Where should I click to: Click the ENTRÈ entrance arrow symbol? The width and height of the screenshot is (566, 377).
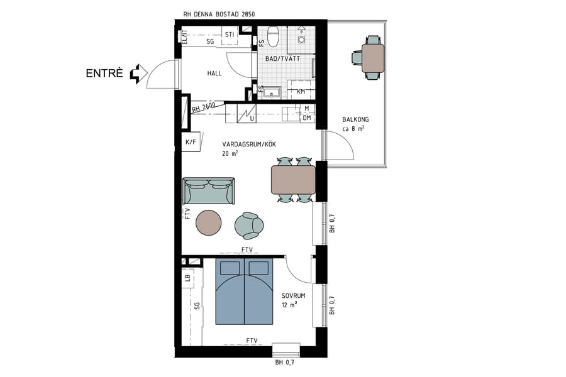click(135, 74)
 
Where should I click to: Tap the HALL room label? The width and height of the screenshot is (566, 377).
click(214, 74)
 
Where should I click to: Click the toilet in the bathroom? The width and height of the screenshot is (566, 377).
click(273, 37)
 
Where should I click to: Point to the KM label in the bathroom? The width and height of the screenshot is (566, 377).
click(301, 92)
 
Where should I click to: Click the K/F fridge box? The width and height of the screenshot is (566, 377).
click(191, 142)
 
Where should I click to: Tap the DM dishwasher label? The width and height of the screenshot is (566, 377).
click(307, 117)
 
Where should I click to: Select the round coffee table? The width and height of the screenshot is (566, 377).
click(208, 221)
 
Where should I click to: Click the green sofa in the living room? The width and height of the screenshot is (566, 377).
click(209, 190)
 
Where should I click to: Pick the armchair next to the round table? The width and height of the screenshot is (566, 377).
click(249, 226)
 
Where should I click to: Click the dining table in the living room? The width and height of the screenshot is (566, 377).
click(293, 179)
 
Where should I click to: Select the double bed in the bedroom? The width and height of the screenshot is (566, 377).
click(244, 292)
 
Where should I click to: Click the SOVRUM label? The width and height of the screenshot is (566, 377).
click(293, 295)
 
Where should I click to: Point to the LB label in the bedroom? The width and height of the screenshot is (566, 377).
click(187, 277)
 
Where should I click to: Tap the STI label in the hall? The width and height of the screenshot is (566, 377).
click(230, 35)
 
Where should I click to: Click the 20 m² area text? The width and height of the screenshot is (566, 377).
click(230, 153)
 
